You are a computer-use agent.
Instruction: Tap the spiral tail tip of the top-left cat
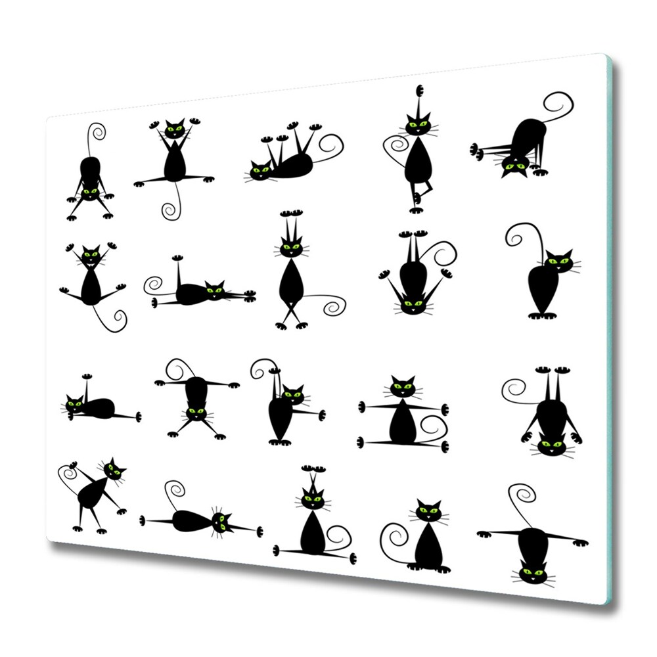tap(98, 132)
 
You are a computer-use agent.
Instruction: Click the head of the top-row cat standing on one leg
tap(417, 125)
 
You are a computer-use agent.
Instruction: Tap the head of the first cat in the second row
tap(90, 254)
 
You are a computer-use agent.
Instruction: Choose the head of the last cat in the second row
tap(559, 261)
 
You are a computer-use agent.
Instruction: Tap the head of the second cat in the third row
tap(196, 413)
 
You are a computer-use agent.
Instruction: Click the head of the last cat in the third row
tap(551, 446)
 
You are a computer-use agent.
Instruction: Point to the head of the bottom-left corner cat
tap(114, 470)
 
